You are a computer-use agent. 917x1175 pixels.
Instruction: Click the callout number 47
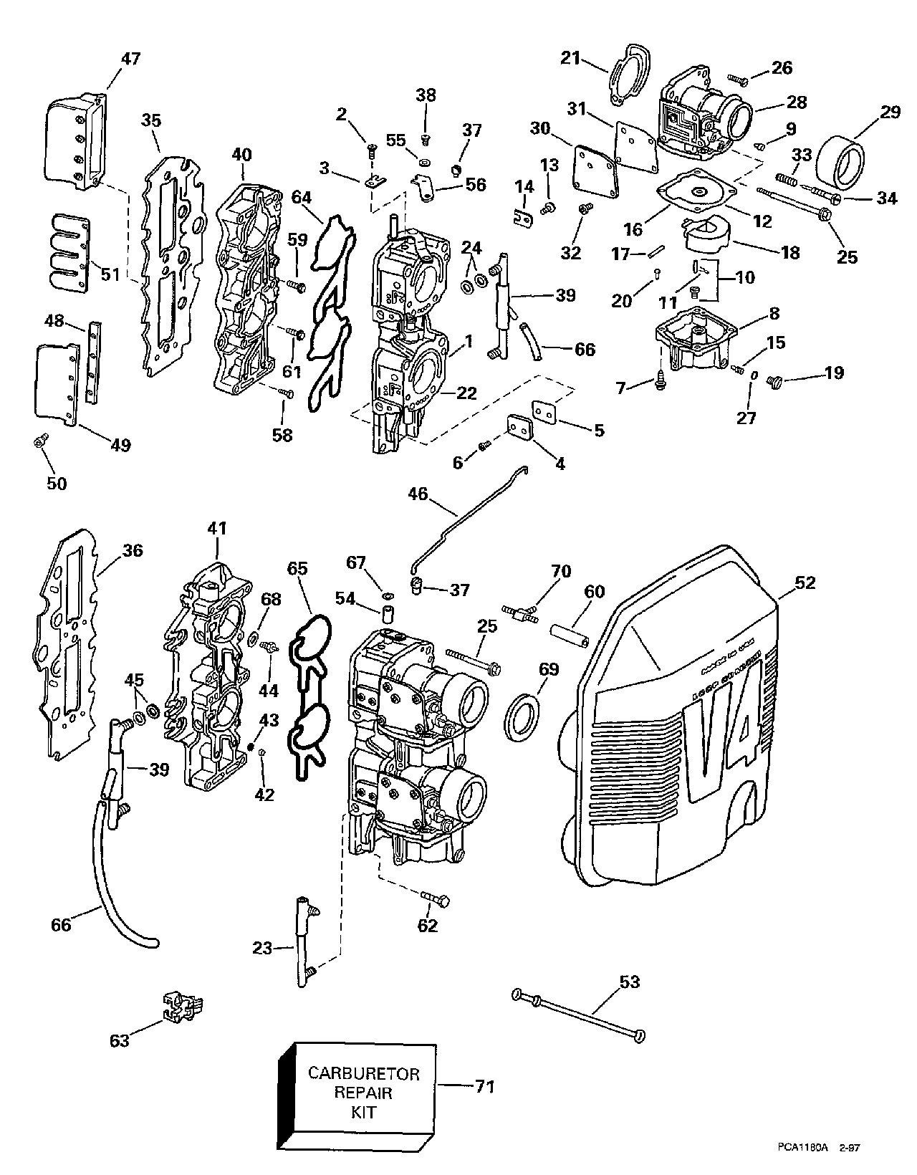coord(130,59)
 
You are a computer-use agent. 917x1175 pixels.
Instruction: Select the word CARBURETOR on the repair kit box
coord(364,1074)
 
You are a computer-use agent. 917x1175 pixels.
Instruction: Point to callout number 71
coord(485,1087)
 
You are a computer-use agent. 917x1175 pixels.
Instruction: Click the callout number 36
coord(132,551)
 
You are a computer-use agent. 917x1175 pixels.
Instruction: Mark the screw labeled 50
coord(41,442)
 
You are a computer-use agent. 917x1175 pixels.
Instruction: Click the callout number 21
coord(570,59)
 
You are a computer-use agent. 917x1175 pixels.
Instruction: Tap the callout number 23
coord(262,949)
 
